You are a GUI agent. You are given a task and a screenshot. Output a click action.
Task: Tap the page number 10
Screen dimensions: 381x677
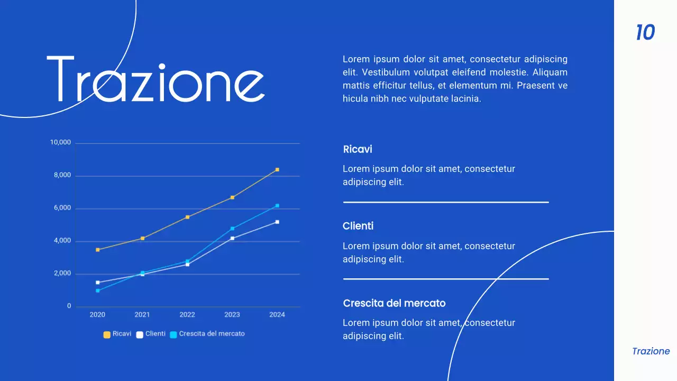645,33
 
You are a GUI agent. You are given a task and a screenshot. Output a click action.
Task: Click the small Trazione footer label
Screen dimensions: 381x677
651,351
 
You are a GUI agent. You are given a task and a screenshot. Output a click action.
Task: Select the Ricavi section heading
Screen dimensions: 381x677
358,149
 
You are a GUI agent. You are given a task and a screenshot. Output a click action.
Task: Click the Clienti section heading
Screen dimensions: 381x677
358,226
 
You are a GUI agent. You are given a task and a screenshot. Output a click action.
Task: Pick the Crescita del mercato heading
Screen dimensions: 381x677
394,303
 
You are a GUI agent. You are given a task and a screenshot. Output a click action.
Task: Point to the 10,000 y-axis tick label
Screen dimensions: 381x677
60,142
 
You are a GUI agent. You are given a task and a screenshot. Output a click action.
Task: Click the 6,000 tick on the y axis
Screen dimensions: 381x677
62,208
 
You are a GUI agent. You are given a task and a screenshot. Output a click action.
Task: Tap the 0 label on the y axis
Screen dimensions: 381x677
69,306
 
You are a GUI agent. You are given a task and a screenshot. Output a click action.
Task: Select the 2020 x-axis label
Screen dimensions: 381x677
97,314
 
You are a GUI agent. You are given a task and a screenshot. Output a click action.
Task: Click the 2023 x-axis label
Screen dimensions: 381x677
232,314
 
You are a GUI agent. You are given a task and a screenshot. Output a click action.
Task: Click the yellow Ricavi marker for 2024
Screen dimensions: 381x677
277,170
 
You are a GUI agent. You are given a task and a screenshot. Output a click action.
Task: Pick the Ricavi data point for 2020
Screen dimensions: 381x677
97,250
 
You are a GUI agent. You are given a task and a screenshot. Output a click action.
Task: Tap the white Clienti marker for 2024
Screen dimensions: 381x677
277,222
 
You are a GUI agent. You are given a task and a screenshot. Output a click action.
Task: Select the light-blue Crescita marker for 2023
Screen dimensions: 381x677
232,229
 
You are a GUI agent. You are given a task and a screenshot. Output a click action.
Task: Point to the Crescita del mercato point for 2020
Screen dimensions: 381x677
97,291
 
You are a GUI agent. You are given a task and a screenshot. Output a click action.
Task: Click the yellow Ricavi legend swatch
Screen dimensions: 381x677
107,334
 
